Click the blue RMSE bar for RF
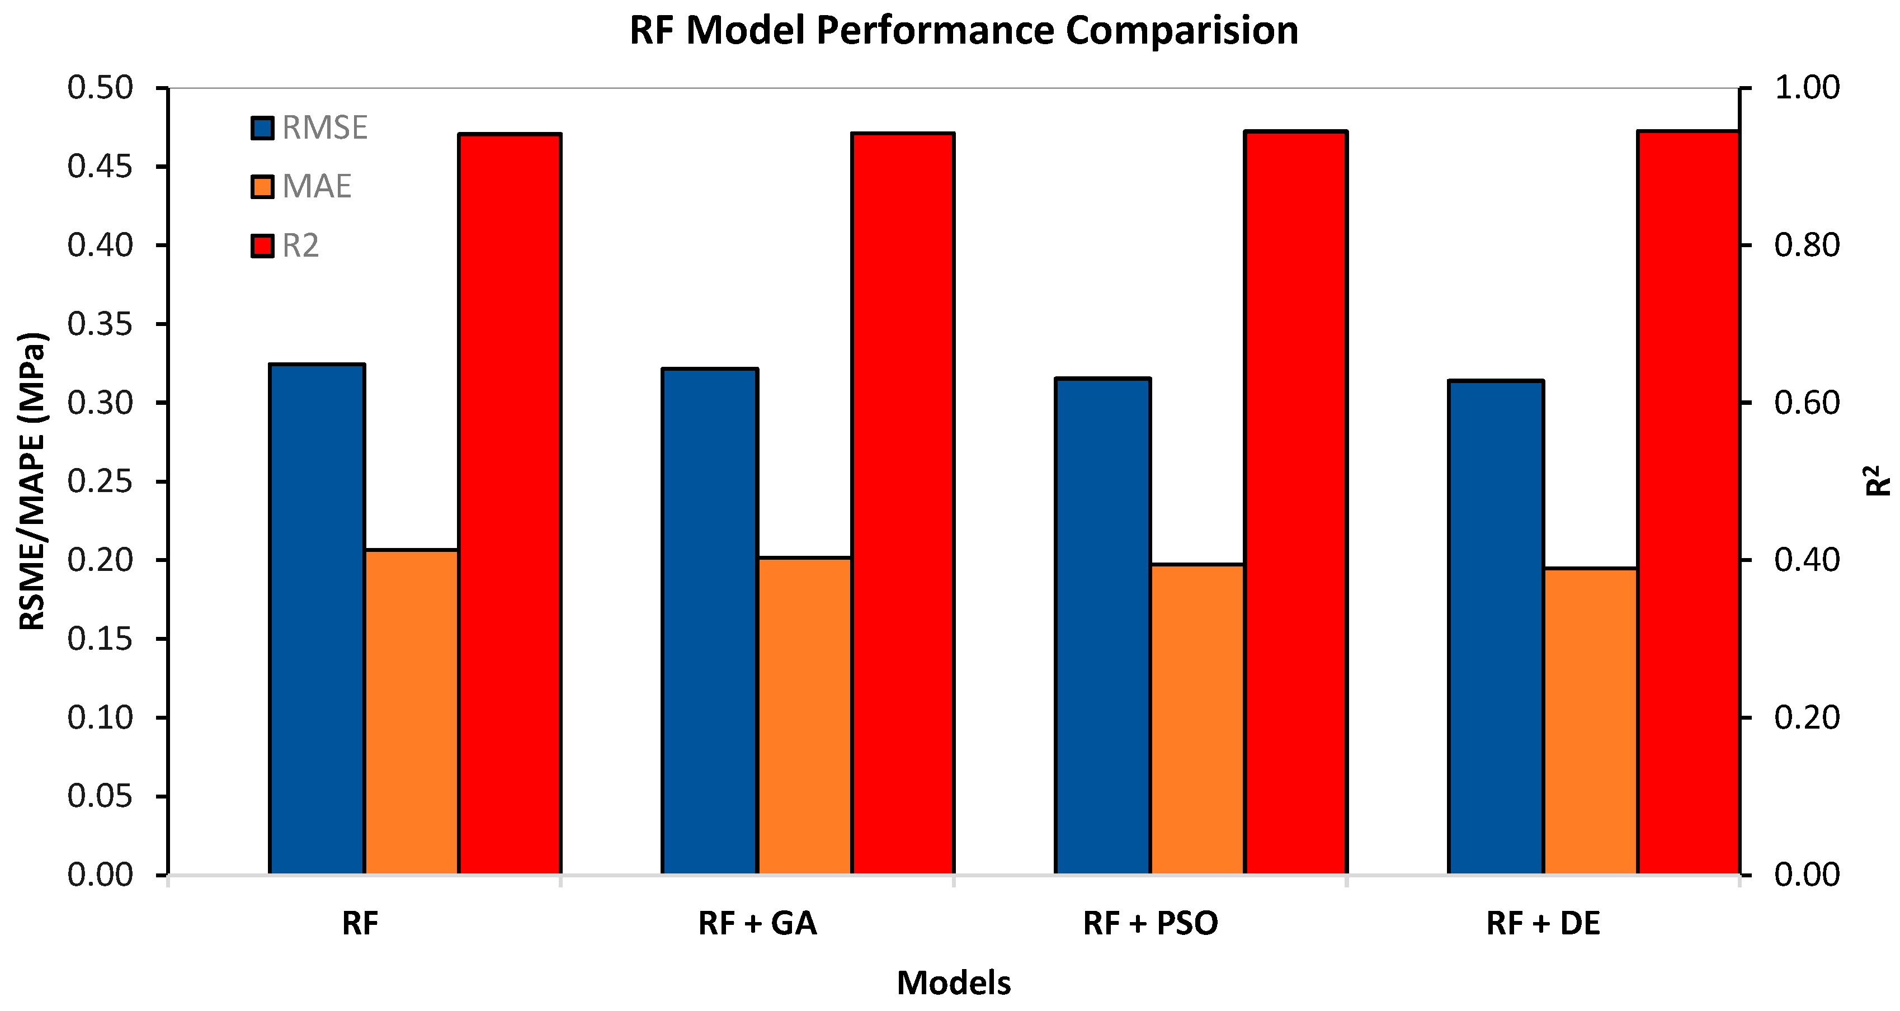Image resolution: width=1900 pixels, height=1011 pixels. click(317, 620)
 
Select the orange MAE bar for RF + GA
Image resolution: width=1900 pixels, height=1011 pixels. click(805, 716)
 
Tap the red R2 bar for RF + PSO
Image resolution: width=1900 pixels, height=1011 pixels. click(1296, 503)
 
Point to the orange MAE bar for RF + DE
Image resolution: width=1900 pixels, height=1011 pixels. click(1591, 721)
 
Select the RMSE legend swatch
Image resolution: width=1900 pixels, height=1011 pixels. click(262, 128)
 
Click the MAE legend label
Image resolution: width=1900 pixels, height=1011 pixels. click(317, 187)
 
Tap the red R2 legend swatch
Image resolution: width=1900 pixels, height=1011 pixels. click(262, 245)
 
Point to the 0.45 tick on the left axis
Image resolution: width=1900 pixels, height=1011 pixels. click(162, 167)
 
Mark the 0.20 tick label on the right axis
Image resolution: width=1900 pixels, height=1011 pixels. click(1807, 717)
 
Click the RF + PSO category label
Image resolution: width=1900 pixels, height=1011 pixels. click(1150, 923)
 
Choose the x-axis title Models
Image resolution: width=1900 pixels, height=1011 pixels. click(954, 983)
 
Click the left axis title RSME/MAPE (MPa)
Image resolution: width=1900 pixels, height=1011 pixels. click(32, 481)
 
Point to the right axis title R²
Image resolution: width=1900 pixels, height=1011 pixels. click(1879, 480)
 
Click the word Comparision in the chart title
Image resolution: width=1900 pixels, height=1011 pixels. click(1182, 31)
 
